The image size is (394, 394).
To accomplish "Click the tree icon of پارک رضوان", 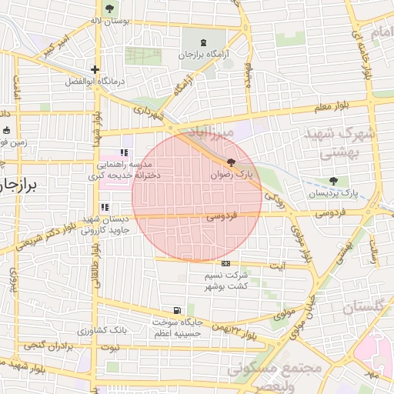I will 232,163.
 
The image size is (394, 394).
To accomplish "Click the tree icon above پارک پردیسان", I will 333,181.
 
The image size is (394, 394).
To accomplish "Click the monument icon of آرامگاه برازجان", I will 203,42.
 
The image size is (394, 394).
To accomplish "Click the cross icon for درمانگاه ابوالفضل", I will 95,69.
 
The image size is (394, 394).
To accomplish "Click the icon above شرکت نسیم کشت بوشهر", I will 225,263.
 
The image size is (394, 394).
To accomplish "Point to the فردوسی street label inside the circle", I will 222,218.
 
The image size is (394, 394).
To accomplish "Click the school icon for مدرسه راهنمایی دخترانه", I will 125,152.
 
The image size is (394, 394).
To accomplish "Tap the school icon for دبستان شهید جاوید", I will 105,207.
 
